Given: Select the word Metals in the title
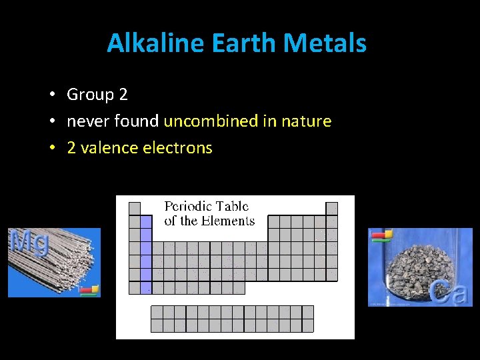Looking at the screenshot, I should pyautogui.click(x=325, y=43).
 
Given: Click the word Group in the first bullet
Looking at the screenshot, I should pyautogui.click(x=90, y=95).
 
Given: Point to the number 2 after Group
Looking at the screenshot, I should pyautogui.click(x=123, y=95).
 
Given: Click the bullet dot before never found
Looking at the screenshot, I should pyautogui.click(x=51, y=121).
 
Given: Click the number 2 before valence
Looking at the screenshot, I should pyautogui.click(x=71, y=148).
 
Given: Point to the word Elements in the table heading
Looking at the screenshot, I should pyautogui.click(x=229, y=221).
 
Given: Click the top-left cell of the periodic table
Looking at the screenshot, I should pyautogui.click(x=135, y=208).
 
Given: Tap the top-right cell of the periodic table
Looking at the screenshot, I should pyautogui.click(x=331, y=208).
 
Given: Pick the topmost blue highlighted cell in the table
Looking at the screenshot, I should pyautogui.click(x=146, y=221).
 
